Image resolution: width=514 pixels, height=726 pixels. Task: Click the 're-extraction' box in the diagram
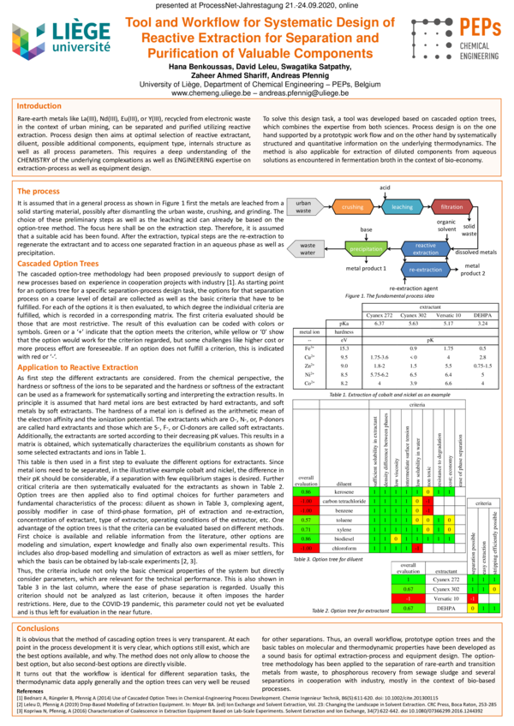click(426, 269)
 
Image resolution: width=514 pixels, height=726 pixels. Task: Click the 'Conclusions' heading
click(39, 652)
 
